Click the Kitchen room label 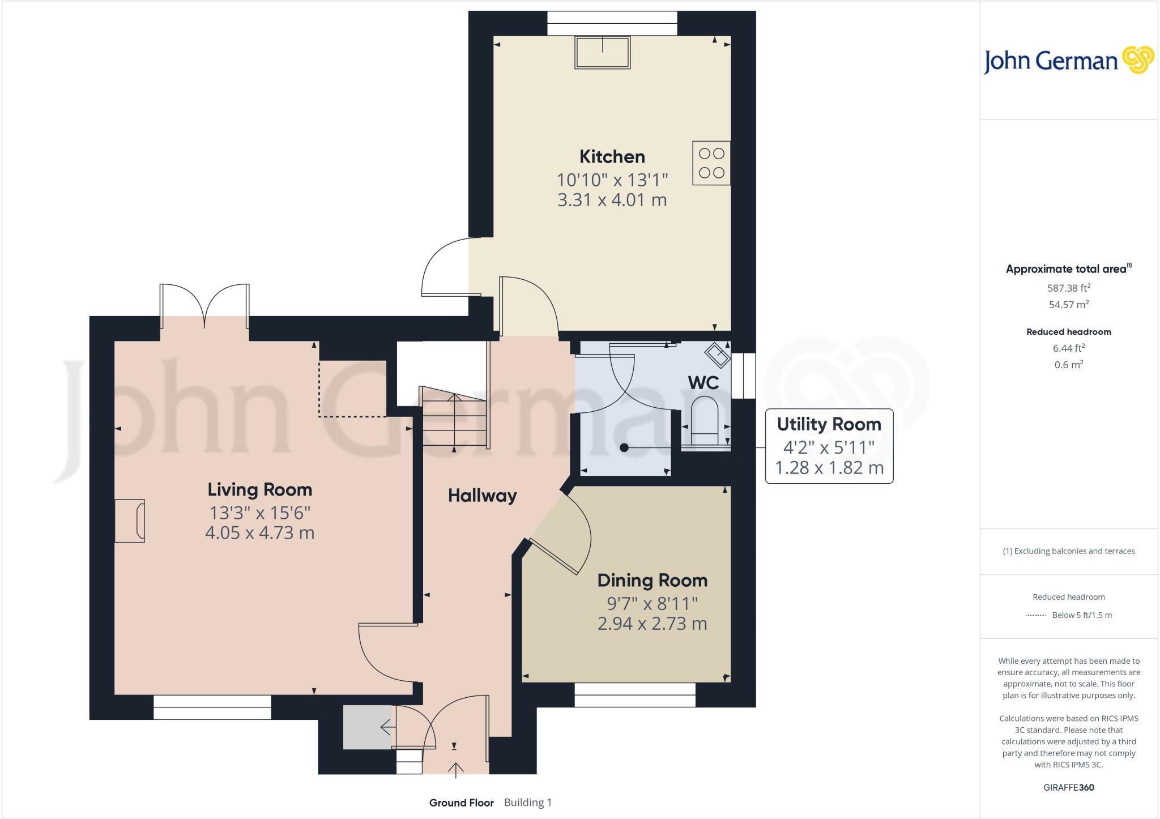pos(612,156)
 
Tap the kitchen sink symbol pos(602,53)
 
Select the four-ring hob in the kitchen pos(711,163)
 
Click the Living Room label pos(259,489)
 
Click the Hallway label pos(482,496)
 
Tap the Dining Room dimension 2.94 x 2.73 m pos(652,624)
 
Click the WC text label pos(703,383)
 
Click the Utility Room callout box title pos(829,424)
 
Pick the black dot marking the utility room pos(624,448)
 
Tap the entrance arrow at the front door pos(455,769)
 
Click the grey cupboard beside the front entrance pos(367,727)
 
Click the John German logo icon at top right pos(1138,60)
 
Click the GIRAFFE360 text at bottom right pos(1068,787)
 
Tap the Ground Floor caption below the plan pos(461,803)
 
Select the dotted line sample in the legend pos(1035,615)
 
